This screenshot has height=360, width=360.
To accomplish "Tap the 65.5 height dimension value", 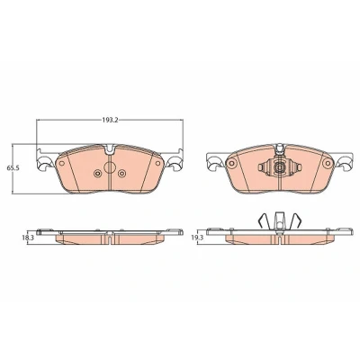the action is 13,168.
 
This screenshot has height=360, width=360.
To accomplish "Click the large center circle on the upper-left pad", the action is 110,167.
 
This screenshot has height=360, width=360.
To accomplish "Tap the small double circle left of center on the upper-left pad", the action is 97,173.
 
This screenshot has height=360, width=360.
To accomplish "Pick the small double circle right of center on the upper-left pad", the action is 121,173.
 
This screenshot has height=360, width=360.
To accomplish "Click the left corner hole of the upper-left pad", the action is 62,163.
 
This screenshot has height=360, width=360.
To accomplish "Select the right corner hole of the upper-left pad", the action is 157,163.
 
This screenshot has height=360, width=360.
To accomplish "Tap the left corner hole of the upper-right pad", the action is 231,163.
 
